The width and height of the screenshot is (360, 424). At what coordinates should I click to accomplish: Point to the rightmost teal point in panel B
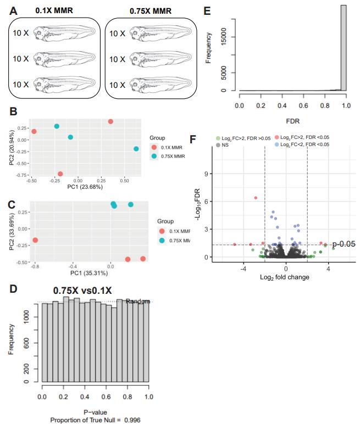(x=136, y=149)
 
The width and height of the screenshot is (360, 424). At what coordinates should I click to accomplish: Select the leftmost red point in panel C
(x=35, y=240)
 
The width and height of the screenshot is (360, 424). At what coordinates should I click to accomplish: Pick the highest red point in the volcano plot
(x=256, y=198)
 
